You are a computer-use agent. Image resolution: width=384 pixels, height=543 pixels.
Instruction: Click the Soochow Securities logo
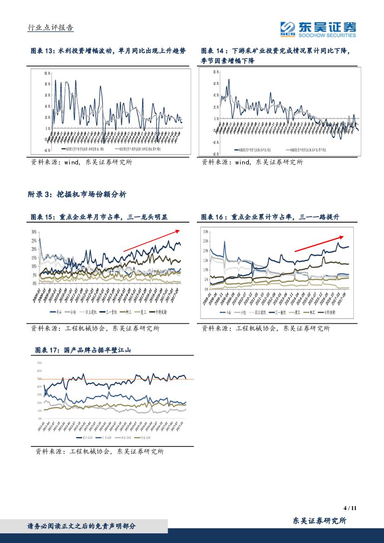[x=318, y=29]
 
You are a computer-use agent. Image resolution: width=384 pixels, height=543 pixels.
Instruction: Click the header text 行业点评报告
[x=51, y=28]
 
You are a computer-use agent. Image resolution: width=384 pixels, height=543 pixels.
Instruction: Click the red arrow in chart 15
[x=151, y=240]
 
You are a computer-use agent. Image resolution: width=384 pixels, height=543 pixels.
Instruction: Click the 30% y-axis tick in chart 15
[x=34, y=232]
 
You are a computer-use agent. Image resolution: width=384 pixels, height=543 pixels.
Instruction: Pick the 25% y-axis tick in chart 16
[x=206, y=241]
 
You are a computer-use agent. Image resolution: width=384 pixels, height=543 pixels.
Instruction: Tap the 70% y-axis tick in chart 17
[x=39, y=362]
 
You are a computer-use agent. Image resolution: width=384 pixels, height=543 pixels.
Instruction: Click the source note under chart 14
[x=252, y=163]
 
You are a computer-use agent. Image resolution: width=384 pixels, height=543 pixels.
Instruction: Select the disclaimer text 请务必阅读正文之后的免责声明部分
[x=82, y=526]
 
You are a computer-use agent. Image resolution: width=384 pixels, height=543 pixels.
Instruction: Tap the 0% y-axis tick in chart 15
[x=35, y=283]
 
